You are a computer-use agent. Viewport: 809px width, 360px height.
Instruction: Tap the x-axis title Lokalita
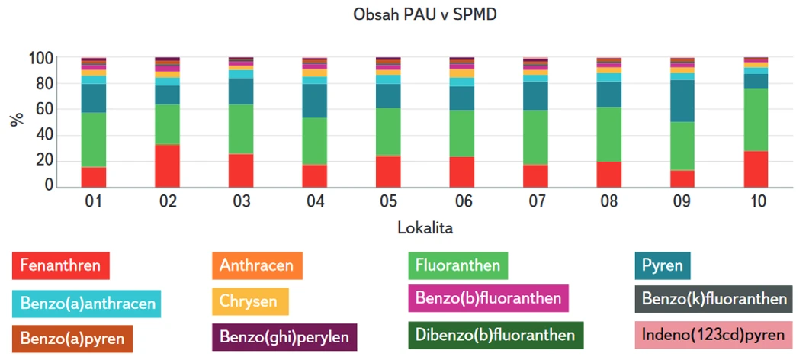pyautogui.click(x=425, y=227)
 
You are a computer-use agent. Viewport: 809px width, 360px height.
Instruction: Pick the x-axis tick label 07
pyautogui.click(x=535, y=201)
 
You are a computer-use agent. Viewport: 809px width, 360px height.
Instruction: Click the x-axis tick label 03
pyautogui.click(x=241, y=201)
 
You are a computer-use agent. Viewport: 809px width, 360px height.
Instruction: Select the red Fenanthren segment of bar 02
pyautogui.click(x=167, y=166)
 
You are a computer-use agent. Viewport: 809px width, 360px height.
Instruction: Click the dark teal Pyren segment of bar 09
pyautogui.click(x=682, y=101)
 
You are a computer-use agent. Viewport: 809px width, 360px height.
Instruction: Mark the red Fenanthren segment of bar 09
pyautogui.click(x=682, y=178)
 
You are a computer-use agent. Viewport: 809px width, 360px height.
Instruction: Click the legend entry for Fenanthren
pyautogui.click(x=61, y=265)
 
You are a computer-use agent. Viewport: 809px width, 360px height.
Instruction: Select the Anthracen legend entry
pyautogui.click(x=257, y=265)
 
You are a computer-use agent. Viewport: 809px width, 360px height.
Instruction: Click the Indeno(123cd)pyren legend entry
pyautogui.click(x=714, y=335)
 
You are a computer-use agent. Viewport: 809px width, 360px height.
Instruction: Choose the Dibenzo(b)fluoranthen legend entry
pyautogui.click(x=496, y=335)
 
